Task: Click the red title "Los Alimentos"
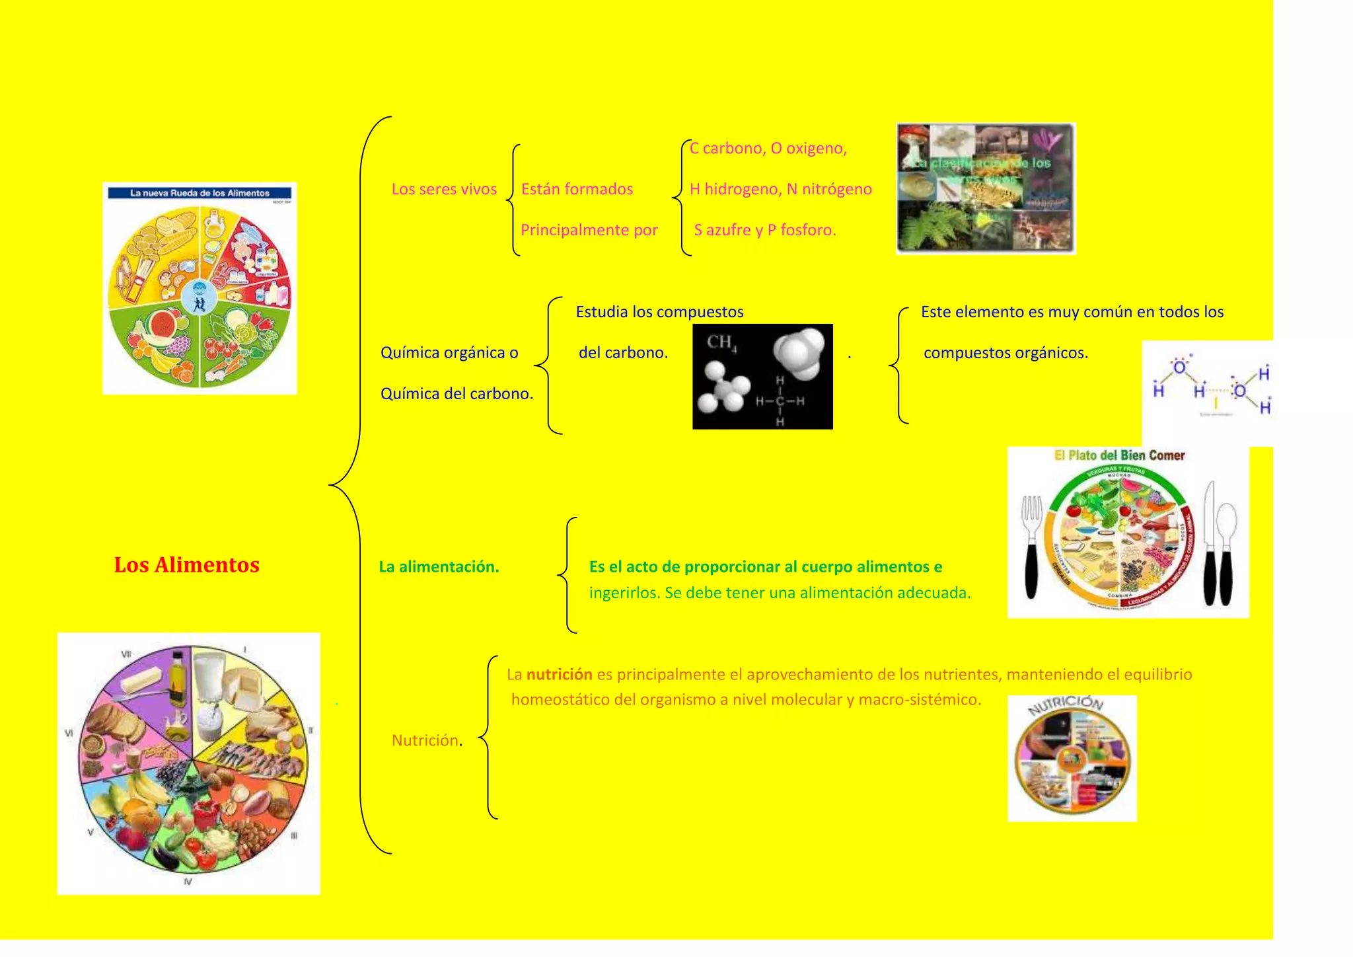click(186, 565)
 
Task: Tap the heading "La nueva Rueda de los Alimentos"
click(200, 193)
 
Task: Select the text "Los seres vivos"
click(444, 190)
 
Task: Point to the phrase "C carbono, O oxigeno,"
click(768, 149)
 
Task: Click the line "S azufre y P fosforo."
click(764, 230)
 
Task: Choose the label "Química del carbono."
click(457, 394)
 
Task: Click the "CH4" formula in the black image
click(721, 342)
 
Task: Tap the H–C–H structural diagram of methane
click(780, 401)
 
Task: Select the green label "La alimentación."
click(439, 567)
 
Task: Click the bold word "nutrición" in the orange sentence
click(559, 675)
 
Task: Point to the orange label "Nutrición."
click(427, 741)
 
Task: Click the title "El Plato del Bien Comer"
click(1119, 455)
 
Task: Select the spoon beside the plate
click(1226, 549)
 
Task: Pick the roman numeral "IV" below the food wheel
click(188, 882)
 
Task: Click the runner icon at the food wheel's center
click(199, 302)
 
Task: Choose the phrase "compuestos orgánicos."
click(1006, 353)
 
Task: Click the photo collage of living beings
click(986, 189)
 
